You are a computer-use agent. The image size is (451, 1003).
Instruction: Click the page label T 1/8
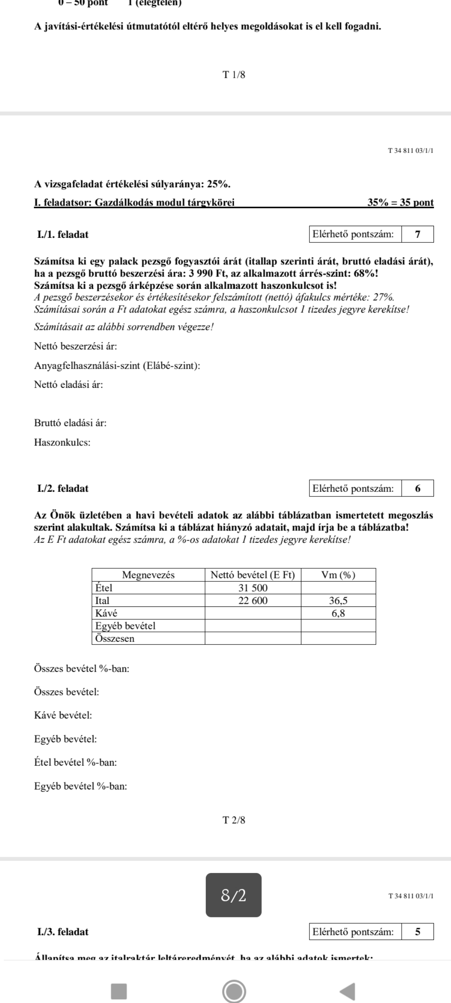tap(234, 75)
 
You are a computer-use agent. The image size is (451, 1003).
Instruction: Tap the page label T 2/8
tap(234, 820)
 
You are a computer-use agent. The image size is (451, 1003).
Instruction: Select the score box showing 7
tap(418, 234)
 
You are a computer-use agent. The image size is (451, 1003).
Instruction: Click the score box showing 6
tap(418, 488)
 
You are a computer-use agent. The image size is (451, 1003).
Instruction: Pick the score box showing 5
tap(418, 932)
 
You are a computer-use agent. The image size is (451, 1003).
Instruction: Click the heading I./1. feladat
tap(63, 234)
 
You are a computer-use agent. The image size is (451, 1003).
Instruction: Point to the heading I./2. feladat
tap(63, 488)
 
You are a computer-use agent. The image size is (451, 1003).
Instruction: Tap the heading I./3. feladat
tap(63, 932)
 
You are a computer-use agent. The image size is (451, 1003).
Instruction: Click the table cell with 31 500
tap(253, 588)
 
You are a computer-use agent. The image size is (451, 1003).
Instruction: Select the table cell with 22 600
tap(253, 601)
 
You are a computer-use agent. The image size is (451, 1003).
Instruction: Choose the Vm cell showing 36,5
tap(338, 601)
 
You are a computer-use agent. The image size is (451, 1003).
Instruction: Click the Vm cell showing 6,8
tap(338, 613)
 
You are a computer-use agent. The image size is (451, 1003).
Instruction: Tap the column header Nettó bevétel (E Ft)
tap(253, 575)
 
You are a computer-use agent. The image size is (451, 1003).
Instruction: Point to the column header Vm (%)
tap(338, 575)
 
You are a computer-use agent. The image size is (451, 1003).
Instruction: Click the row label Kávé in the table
tap(106, 613)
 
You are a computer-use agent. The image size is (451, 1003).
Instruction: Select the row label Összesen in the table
tap(115, 638)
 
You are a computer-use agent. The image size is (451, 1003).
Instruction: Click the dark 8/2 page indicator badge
tap(233, 896)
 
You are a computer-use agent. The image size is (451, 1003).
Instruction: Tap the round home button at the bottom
tap(234, 990)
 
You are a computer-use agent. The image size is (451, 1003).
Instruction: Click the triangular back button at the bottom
tap(347, 990)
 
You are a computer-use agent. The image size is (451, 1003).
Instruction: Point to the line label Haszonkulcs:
tap(62, 442)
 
